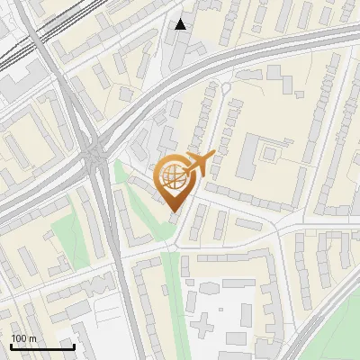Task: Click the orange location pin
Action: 175,180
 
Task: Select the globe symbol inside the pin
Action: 174,177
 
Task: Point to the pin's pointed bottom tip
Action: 175,212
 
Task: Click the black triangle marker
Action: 182,24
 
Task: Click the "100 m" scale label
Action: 24,337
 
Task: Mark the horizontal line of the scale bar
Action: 42,346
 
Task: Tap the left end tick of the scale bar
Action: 11,345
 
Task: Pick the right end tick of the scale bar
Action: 74,345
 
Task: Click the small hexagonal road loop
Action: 226,87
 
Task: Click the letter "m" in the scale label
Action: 33,337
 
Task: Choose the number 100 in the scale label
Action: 20,337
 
